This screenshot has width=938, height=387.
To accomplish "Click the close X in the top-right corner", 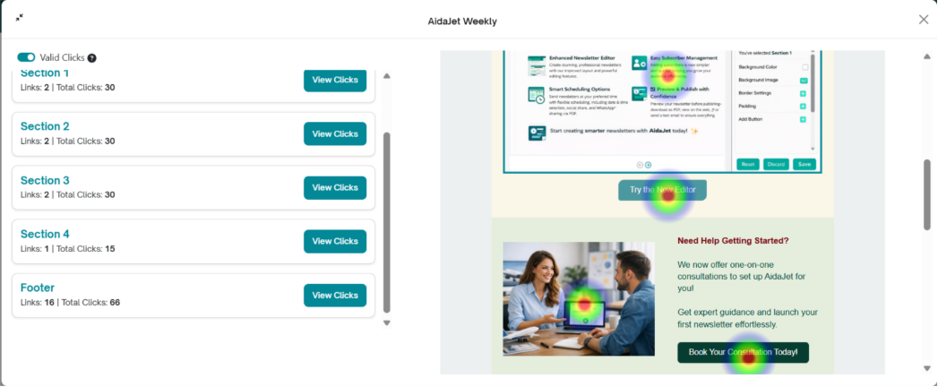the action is click(924, 20).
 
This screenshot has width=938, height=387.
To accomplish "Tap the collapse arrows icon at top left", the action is click(20, 17).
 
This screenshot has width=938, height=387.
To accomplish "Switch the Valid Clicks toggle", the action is click(26, 57).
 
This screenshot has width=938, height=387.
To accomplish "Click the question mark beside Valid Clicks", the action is click(92, 58).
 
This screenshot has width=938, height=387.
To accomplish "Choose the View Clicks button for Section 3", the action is click(334, 188).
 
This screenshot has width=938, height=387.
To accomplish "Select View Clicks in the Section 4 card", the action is click(334, 242).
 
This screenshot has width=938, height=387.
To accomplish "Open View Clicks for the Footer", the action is click(334, 296).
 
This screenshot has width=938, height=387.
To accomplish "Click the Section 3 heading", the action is click(45, 180).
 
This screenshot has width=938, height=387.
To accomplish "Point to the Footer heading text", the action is click(38, 288).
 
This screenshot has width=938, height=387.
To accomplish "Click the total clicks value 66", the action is click(115, 303).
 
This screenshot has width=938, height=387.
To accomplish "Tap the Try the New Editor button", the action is click(662, 190).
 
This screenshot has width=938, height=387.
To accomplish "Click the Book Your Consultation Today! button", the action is click(743, 353).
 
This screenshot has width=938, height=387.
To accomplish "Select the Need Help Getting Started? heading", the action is click(733, 240).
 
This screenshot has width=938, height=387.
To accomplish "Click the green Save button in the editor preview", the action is click(804, 164).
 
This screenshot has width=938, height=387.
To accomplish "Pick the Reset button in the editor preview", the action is click(747, 164).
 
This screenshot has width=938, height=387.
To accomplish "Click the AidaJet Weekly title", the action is click(462, 21).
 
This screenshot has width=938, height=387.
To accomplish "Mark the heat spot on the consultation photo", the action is click(584, 303).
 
